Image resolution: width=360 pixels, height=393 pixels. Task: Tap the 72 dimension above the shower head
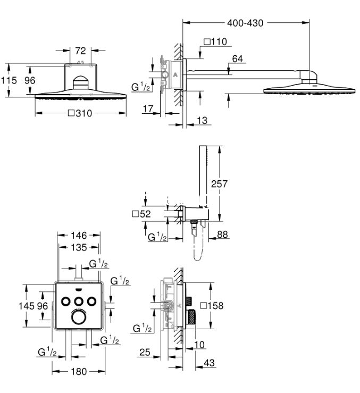click(80, 51)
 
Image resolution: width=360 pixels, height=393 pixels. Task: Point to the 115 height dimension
click(10, 80)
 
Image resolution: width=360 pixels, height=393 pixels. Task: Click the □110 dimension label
click(215, 41)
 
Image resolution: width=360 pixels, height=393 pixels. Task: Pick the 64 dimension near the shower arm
click(238, 59)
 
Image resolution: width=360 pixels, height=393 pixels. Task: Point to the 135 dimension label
click(79, 247)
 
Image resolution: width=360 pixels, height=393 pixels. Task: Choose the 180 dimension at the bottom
click(79, 372)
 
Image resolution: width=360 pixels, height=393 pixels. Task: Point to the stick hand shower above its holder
click(203, 175)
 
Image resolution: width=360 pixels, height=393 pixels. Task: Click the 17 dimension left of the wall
click(148, 108)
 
